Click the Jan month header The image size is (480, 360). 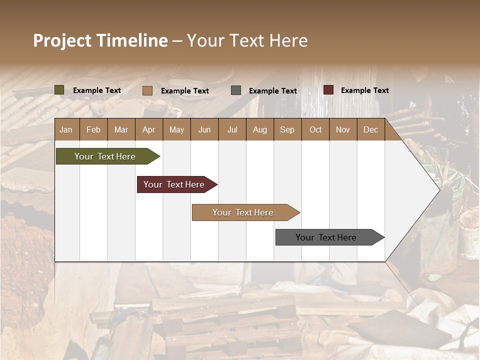click(66, 130)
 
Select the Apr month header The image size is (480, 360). click(148, 130)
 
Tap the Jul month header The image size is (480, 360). click(232, 130)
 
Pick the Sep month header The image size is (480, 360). click(287, 130)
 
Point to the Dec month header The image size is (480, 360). click(370, 130)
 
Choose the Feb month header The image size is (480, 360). click(93, 130)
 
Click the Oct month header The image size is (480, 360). click(315, 130)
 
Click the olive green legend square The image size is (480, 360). click(59, 90)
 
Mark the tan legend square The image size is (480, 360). click(147, 90)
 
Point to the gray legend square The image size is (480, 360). click(236, 90)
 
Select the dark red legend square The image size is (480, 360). click(328, 90)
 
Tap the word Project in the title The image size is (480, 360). click(62, 40)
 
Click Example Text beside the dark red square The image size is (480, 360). click(364, 90)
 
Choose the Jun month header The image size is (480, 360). click(204, 130)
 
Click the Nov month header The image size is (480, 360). click(342, 130)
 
